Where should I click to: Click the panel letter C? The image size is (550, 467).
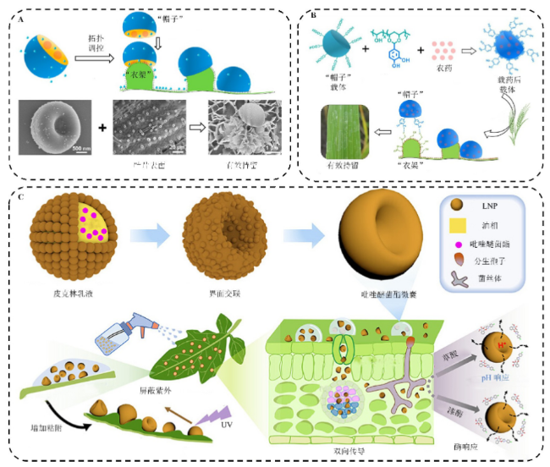pos(18,195)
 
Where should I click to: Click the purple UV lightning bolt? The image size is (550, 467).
pos(201,411)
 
